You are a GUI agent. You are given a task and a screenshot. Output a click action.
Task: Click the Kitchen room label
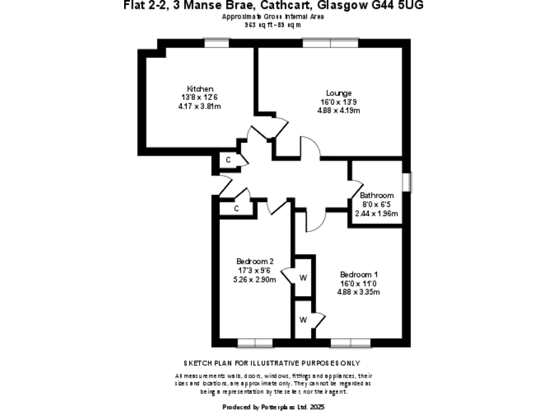point(201,89)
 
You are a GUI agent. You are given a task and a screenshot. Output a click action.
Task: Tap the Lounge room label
point(339,93)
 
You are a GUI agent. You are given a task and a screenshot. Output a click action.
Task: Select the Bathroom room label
point(376,196)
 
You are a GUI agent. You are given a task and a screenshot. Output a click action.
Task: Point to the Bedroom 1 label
point(359,275)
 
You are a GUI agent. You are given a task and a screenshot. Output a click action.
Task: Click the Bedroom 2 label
point(255,261)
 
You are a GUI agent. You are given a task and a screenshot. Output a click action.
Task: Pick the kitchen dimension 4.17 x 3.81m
point(200,106)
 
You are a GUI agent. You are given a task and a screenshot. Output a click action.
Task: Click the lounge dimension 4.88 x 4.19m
point(339,111)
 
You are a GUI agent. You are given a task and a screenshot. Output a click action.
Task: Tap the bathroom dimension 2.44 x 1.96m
point(376,213)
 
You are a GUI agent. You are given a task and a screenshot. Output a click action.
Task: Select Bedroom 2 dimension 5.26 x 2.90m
point(255,279)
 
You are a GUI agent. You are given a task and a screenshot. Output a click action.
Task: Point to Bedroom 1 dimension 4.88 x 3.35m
point(359,292)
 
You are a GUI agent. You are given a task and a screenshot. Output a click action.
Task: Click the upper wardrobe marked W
point(303,277)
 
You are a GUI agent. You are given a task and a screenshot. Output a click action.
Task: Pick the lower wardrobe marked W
point(303,319)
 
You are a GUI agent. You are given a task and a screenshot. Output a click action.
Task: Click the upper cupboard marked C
point(228,160)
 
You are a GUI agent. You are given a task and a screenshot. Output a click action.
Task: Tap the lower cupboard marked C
point(236,208)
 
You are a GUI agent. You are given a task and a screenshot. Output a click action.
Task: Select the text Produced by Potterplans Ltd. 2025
point(273,407)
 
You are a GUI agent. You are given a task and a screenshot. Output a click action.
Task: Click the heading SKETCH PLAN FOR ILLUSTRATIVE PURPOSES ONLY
point(271,363)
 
